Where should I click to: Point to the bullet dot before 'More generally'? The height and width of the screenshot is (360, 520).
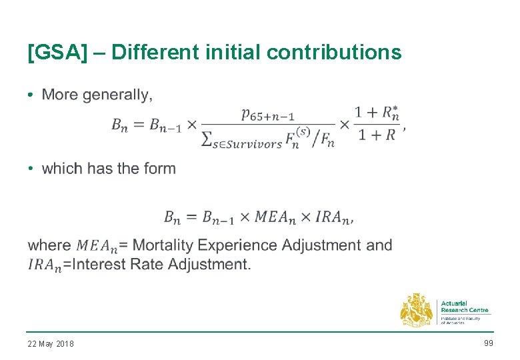31,95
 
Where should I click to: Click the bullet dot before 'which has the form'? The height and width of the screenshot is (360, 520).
31,169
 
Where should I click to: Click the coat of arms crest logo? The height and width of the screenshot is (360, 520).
417,310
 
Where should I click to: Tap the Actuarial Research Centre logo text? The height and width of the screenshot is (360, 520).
465,307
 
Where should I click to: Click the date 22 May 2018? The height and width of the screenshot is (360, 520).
51,344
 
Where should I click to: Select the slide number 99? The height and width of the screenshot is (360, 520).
488,343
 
